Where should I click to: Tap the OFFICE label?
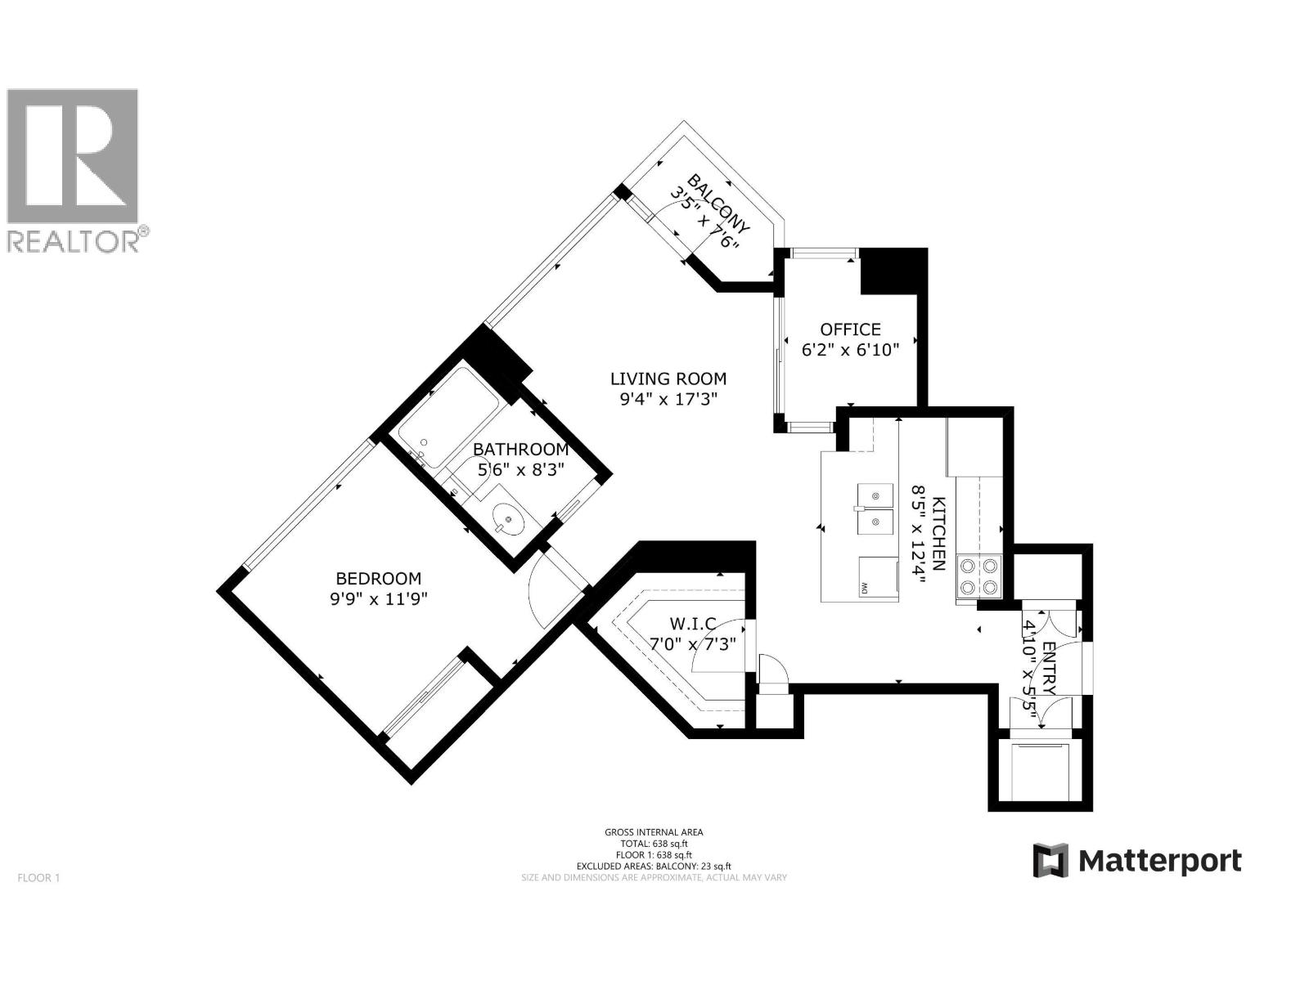click(x=850, y=329)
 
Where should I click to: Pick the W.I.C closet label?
click(x=694, y=625)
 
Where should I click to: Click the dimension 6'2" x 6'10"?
click(x=850, y=350)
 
